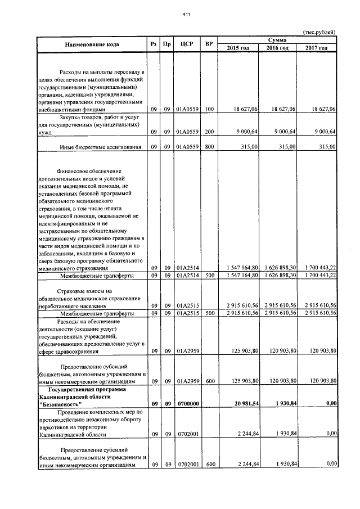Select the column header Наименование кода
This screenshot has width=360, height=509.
pyautogui.click(x=92, y=44)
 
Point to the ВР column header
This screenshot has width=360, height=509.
pyautogui.click(x=209, y=44)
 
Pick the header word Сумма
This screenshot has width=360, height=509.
pyautogui.click(x=277, y=40)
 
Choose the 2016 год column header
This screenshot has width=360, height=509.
pyautogui.click(x=277, y=48)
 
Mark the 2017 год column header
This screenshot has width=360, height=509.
pyautogui.click(x=316, y=48)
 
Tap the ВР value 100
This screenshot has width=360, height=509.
pyautogui.click(x=209, y=109)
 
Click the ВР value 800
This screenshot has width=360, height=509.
pyautogui.click(x=209, y=147)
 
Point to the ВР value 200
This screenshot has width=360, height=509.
pyautogui.click(x=209, y=132)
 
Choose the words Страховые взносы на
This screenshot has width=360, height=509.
pyautogui.click(x=82, y=291)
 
